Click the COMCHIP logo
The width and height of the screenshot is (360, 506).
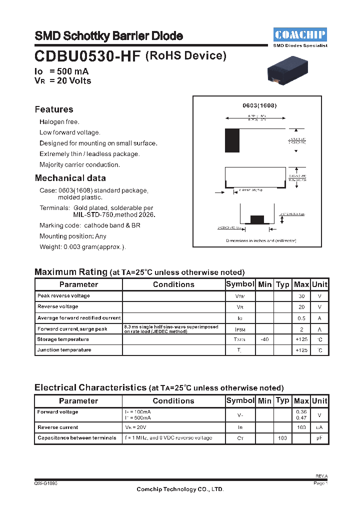click(300, 34)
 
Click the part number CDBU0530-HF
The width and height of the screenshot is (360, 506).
click(88, 56)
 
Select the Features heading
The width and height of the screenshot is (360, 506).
click(54, 109)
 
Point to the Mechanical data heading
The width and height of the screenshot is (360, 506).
click(70, 178)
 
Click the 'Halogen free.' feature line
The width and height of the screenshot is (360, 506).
click(59, 122)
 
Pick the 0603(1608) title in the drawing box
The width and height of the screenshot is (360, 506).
click(259, 106)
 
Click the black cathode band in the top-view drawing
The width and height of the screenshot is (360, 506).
click(232, 140)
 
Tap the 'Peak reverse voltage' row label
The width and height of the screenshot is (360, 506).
click(63, 296)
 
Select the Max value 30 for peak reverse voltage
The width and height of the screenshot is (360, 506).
click(301, 296)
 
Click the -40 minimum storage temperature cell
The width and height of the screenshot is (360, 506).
click(264, 339)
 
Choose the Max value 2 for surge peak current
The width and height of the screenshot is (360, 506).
click(301, 329)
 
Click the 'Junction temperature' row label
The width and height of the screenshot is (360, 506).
click(64, 350)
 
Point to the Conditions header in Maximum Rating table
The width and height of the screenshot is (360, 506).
click(173, 284)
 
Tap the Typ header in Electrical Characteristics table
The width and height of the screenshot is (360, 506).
click(282, 400)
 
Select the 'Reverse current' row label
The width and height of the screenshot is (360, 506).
click(58, 427)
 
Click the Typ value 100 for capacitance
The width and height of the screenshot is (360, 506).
click(282, 438)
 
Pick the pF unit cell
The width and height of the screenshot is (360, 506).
click(319, 438)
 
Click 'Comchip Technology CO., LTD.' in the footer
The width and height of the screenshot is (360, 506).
click(180, 489)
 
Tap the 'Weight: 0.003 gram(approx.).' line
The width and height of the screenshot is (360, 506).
click(82, 247)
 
